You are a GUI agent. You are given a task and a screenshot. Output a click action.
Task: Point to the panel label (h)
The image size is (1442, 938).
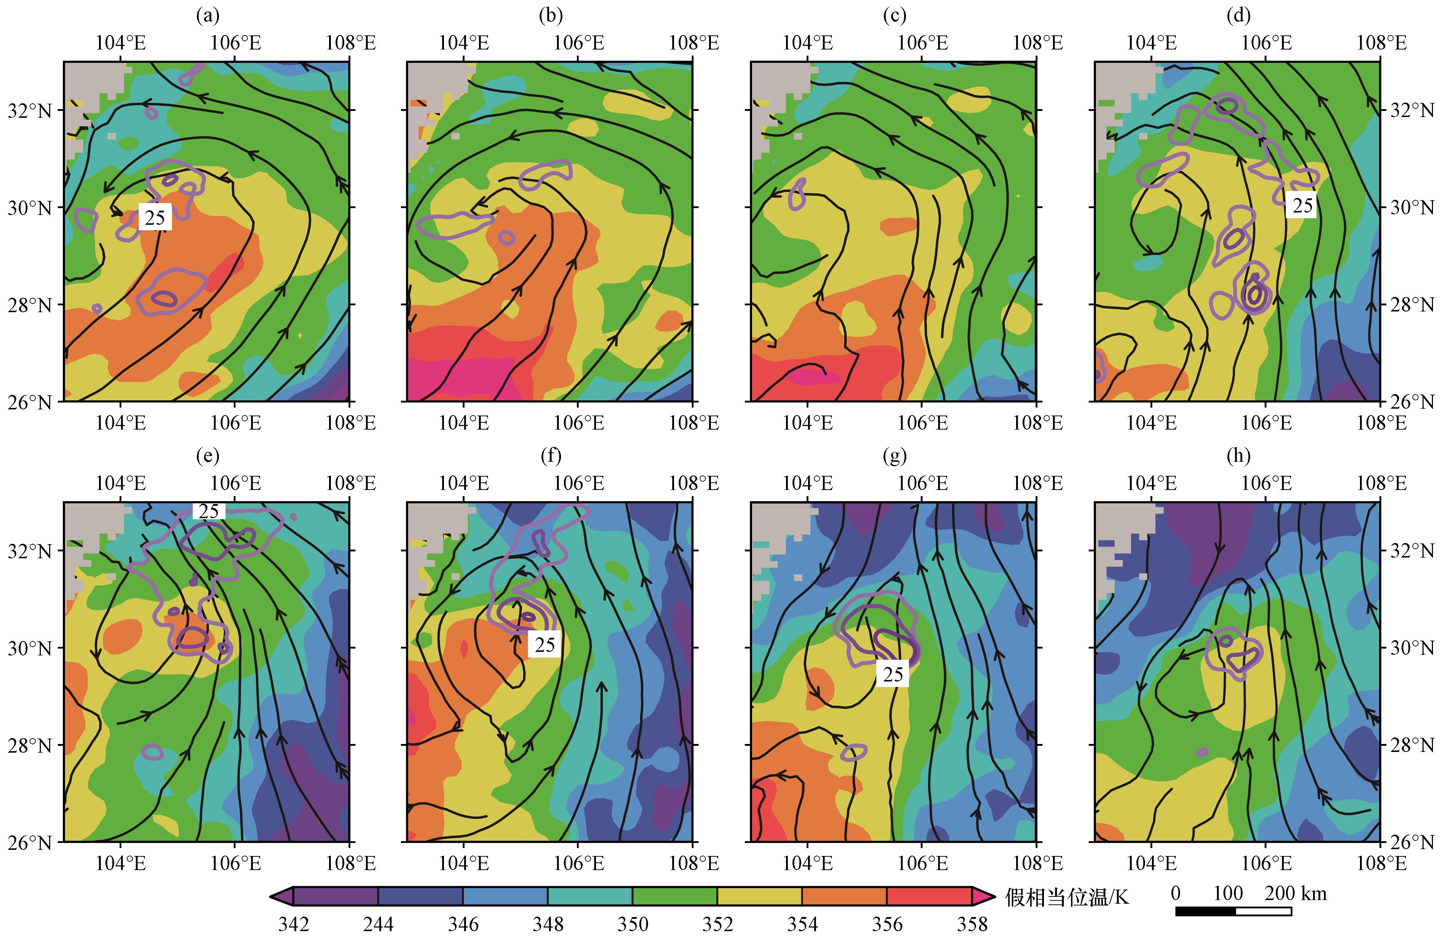(1238, 456)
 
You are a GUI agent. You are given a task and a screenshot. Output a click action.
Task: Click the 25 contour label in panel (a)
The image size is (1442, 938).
(155, 217)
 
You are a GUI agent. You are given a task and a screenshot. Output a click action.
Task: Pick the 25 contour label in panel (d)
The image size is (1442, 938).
(1303, 206)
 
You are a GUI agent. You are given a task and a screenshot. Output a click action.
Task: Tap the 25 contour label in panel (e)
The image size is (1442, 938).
(208, 511)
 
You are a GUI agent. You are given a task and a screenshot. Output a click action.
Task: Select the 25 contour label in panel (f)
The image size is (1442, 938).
(545, 644)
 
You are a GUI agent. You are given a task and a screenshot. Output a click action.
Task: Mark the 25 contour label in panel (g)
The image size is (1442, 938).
(893, 674)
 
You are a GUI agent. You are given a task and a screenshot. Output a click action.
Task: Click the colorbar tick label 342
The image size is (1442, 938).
(294, 924)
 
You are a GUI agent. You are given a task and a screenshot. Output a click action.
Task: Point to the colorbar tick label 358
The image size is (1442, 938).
(972, 924)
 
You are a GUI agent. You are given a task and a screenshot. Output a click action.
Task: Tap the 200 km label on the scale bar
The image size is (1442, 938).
(1295, 893)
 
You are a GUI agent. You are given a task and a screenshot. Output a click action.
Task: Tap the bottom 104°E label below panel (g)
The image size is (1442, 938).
(808, 863)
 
